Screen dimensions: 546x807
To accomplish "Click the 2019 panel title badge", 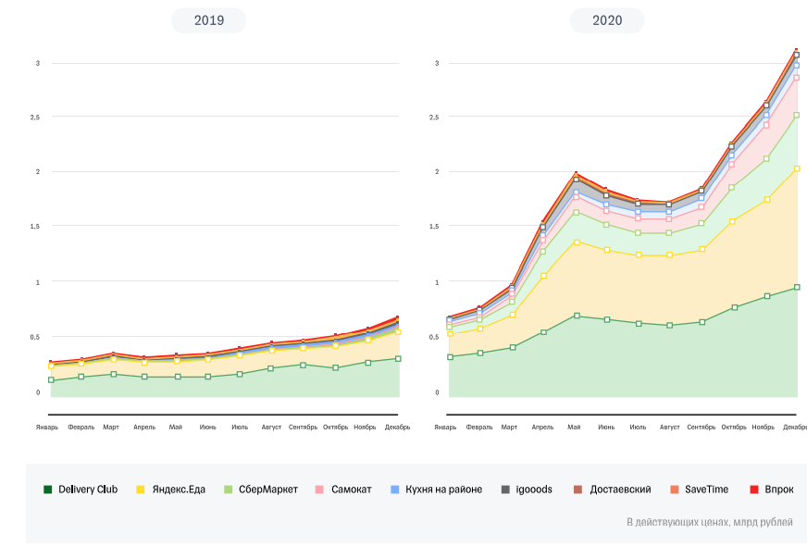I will [x=209, y=20].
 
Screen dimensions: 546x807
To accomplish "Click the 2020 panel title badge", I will [x=607, y=20].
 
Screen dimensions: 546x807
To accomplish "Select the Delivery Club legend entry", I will [x=81, y=489].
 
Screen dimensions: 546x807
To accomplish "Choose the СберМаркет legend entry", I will [x=261, y=489].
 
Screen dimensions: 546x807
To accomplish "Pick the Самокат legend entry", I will [x=344, y=489].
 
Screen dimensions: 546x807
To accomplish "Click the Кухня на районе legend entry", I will [x=437, y=489].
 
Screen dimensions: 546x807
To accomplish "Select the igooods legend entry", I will [x=527, y=489].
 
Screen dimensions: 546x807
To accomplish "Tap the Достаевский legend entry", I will [x=612, y=489].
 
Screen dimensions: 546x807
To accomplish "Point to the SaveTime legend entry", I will [x=698, y=489].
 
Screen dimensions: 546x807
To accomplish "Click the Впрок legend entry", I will [x=772, y=489].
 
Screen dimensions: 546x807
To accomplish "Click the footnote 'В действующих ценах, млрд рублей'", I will [x=709, y=522].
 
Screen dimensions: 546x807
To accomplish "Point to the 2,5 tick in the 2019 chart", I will [x=34, y=118].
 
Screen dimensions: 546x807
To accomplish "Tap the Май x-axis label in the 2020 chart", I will [x=574, y=427].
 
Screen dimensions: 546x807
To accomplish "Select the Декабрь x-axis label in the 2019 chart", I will [x=398, y=427].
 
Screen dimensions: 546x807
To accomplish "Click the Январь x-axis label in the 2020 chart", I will [x=445, y=427].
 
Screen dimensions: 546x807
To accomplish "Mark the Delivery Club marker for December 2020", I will [x=797, y=288].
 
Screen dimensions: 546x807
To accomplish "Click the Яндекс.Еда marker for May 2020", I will [x=576, y=242].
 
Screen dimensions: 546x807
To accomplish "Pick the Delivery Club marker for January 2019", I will [x=51, y=380].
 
